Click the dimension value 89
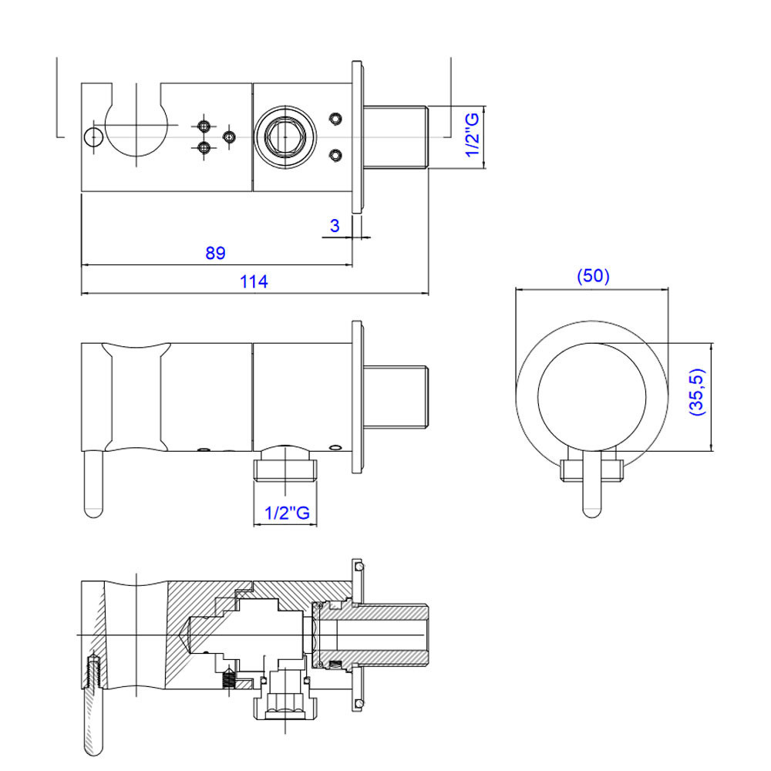pyautogui.click(x=215, y=253)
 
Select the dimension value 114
pyautogui.click(x=254, y=281)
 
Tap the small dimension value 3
pyautogui.click(x=335, y=226)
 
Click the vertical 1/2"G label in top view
pyautogui.click(x=473, y=135)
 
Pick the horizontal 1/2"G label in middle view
pyautogui.click(x=287, y=513)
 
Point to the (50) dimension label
pyautogui.click(x=593, y=275)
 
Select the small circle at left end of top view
pyautogui.click(x=93, y=136)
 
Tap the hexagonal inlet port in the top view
pyautogui.click(x=284, y=136)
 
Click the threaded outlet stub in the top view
pyautogui.click(x=396, y=137)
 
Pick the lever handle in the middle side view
pyautogui.click(x=93, y=484)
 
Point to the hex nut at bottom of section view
pyautogui.click(x=284, y=705)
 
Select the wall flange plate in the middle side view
pyautogui.click(x=358, y=397)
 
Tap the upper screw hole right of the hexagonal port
pyautogui.click(x=336, y=119)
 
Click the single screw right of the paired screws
pyautogui.click(x=229, y=136)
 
